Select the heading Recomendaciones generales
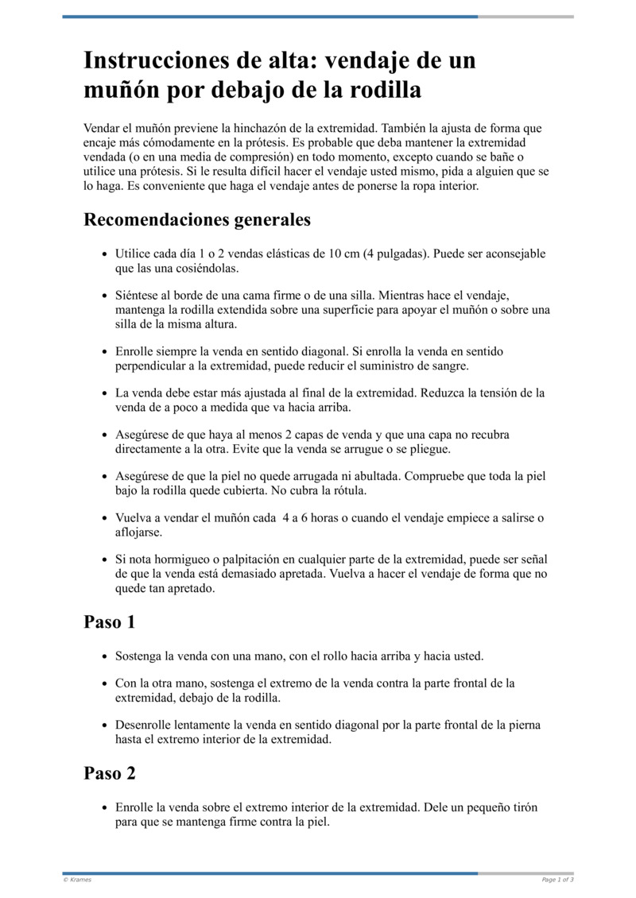coord(197,219)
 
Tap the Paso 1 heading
coord(110,621)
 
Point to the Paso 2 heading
coord(110,772)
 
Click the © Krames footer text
coord(77,880)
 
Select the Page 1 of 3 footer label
coord(557,880)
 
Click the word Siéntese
coord(140,296)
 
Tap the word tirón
coord(522,807)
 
